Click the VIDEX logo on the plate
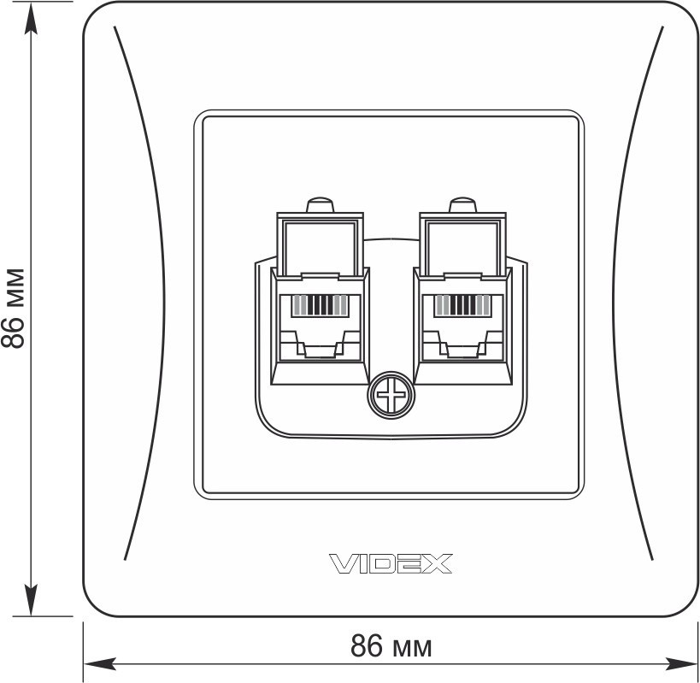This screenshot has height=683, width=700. tap(391, 563)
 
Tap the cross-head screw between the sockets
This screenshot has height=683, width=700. tap(391, 395)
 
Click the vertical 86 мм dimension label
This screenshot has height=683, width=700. tap(13, 309)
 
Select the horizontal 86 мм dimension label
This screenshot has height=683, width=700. tap(391, 646)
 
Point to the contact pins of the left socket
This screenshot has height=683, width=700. tap(320, 305)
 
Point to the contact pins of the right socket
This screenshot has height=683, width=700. tap(462, 305)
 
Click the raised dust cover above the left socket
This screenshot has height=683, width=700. tap(321, 244)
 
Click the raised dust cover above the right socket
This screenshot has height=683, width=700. tap(462, 244)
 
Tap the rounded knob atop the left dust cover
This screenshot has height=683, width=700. tap(321, 204)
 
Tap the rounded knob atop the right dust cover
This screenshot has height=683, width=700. tap(462, 204)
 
